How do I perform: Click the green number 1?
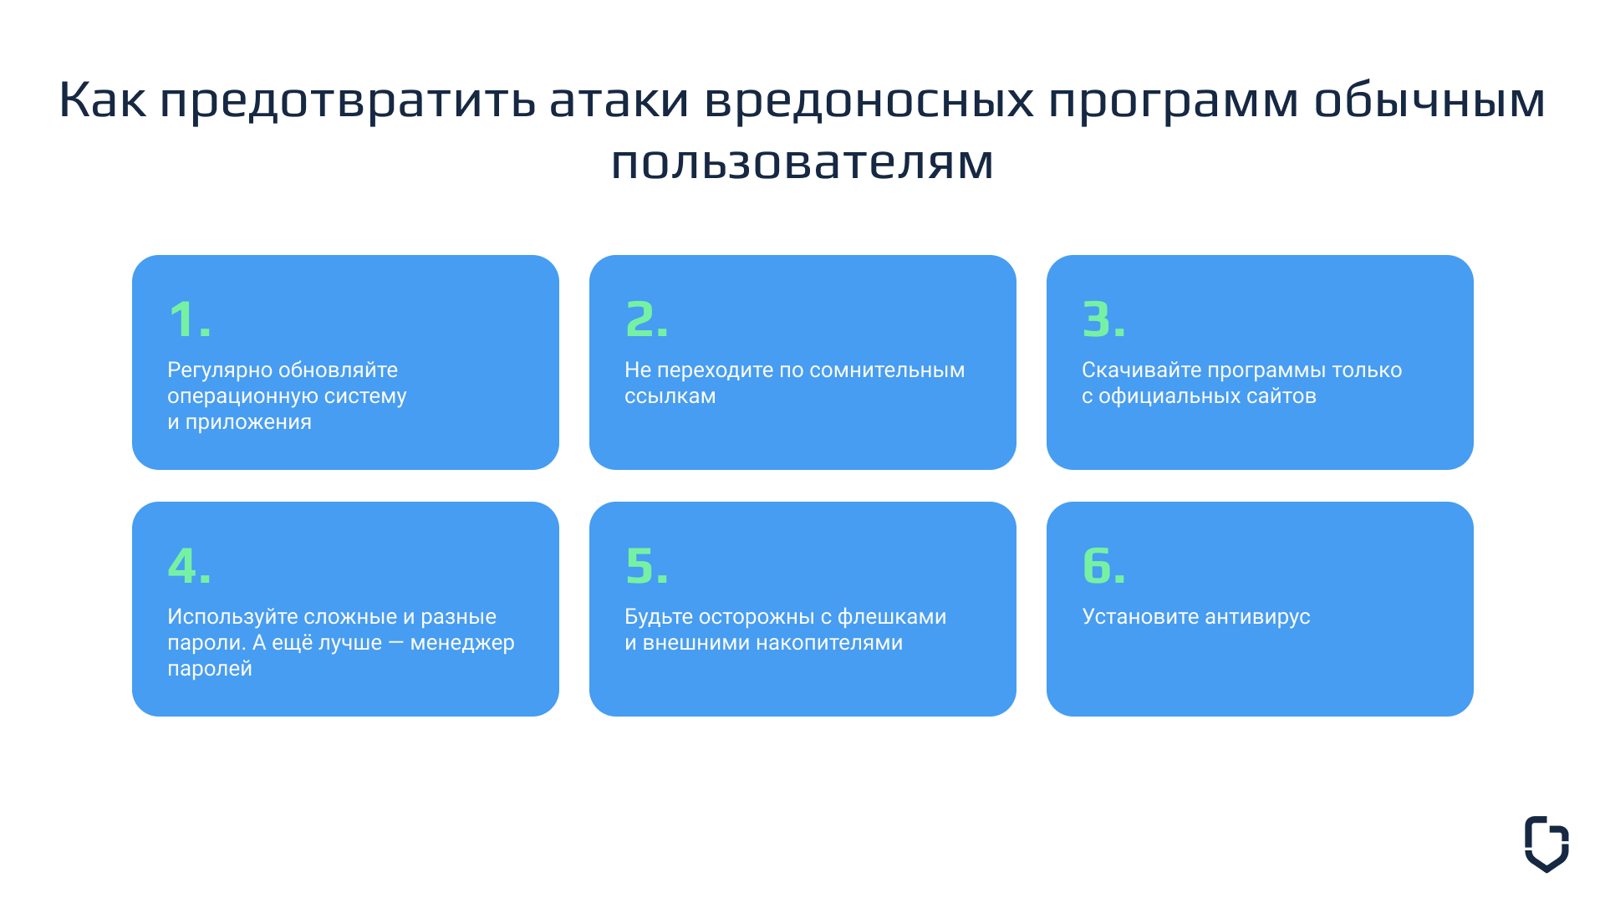click(x=183, y=319)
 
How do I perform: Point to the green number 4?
click(x=183, y=566)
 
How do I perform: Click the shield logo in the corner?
click(x=1546, y=844)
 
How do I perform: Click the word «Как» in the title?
click(x=103, y=99)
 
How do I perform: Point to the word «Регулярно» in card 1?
click(x=220, y=370)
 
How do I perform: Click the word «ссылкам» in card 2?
click(x=670, y=396)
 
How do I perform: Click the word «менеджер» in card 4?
click(x=462, y=643)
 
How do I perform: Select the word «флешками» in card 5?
click(x=892, y=617)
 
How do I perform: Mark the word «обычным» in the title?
click(x=1430, y=100)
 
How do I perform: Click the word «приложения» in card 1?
click(x=248, y=423)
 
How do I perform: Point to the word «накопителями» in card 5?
click(x=829, y=643)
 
